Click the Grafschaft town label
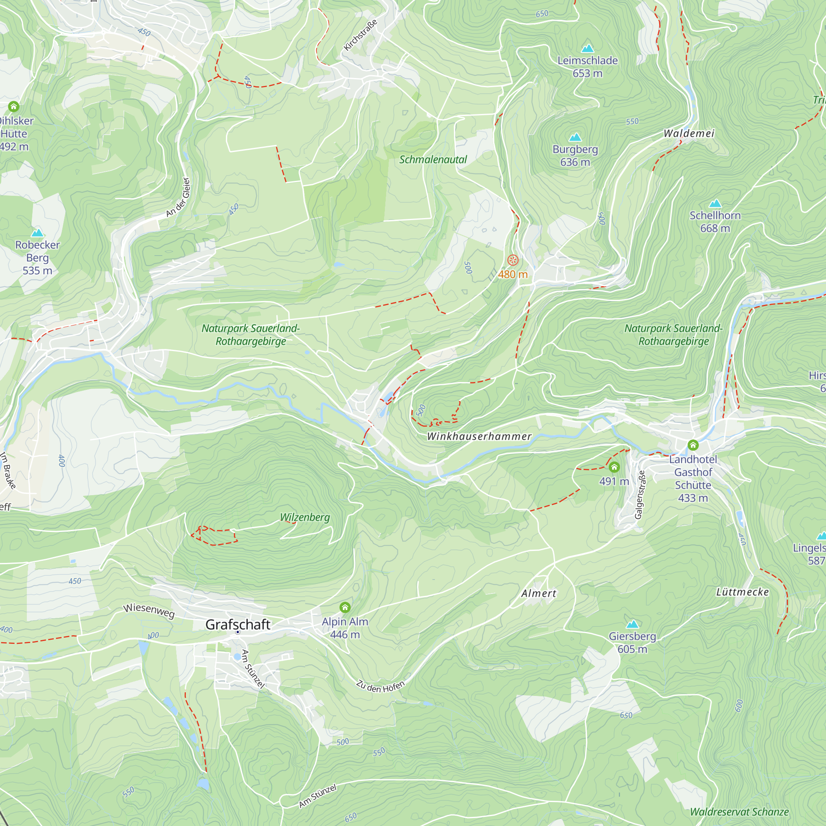238,624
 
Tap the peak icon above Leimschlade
587,48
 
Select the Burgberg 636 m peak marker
575,137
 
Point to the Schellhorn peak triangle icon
715,203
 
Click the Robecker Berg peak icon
38,233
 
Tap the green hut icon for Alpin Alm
345,607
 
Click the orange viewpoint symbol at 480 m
513,260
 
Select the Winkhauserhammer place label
479,437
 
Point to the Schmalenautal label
433,159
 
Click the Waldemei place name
689,133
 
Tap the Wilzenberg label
305,517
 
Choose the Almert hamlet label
539,593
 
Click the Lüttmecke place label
743,592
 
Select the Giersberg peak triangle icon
632,624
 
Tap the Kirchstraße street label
361,35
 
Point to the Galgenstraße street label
640,495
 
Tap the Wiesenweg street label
149,610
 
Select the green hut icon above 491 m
614,466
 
